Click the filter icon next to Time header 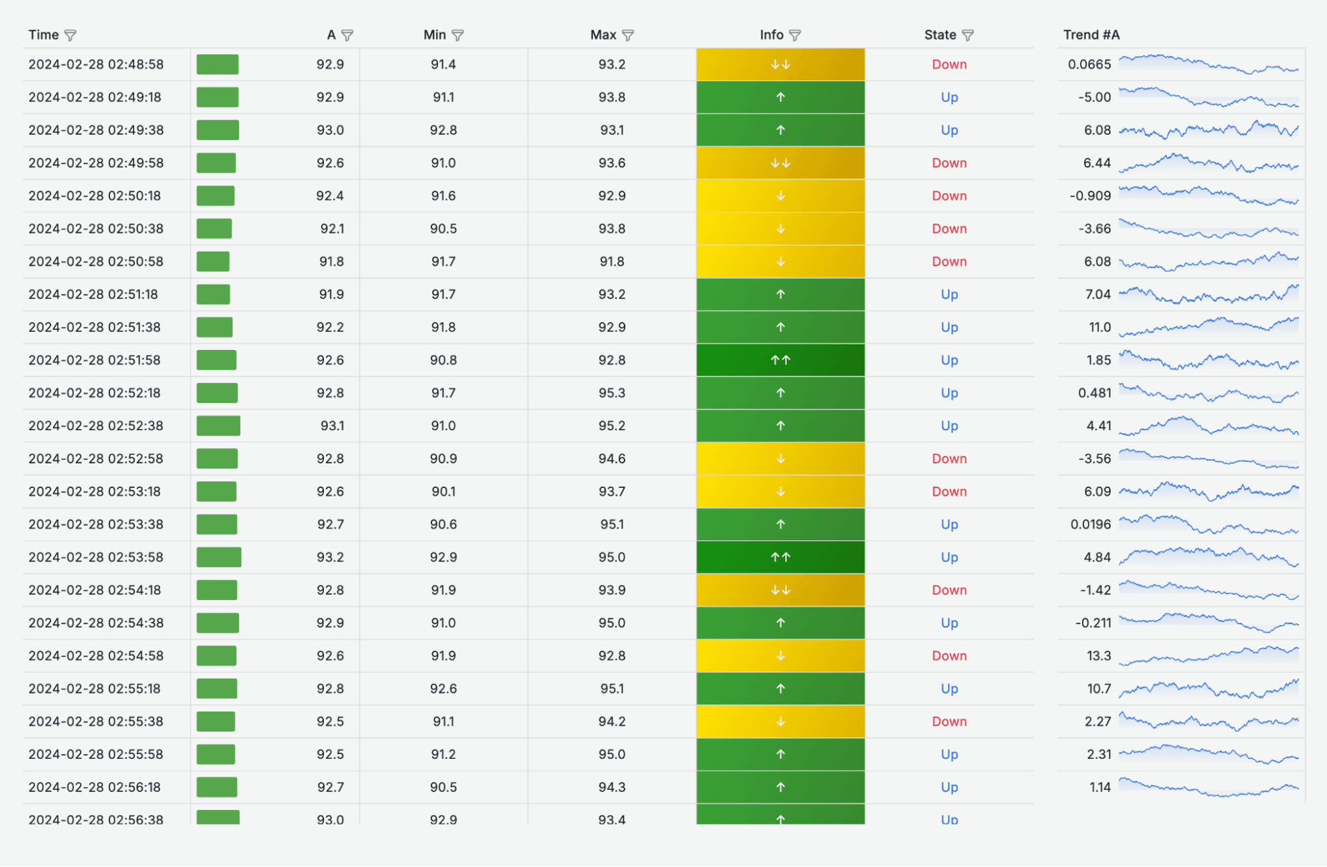pos(70,35)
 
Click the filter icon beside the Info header pos(795,35)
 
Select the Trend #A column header pos(1091,35)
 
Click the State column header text pos(939,35)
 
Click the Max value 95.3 pos(611,393)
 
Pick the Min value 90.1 pos(443,492)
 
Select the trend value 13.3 pos(1098,656)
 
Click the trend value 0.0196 pos(1090,524)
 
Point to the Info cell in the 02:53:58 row pos(780,558)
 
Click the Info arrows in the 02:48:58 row pos(780,65)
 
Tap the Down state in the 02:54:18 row pos(949,590)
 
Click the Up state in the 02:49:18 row pos(949,98)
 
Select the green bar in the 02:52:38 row pos(218,426)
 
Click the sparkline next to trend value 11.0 pos(1208,327)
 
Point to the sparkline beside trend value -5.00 pos(1208,98)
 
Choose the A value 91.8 pos(331,262)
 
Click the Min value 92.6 pos(443,689)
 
